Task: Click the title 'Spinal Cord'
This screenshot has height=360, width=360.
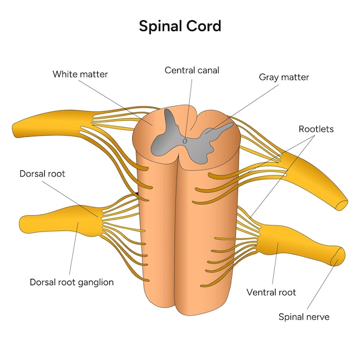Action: tap(180, 26)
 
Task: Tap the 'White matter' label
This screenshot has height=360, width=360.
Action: tap(80, 74)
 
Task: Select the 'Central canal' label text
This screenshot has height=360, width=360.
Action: tap(192, 70)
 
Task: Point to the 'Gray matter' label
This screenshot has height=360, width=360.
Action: tap(284, 77)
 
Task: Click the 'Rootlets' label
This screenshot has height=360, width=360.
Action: tap(316, 129)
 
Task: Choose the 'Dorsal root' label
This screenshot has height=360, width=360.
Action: tap(42, 173)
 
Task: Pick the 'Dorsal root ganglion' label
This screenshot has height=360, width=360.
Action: tap(71, 282)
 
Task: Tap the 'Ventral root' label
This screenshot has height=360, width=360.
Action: tap(271, 292)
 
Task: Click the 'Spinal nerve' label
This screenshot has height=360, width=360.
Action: tap(304, 316)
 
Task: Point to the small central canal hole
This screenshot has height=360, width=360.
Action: tap(185, 140)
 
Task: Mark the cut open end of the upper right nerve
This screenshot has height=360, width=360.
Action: tap(343, 204)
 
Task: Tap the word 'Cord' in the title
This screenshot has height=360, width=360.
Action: tap(204, 26)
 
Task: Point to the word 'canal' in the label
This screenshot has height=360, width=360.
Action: tap(208, 70)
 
